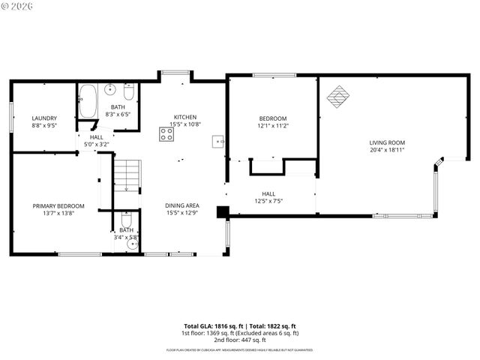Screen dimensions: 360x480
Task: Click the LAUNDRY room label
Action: pos(44,118)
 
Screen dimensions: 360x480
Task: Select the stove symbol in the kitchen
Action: pos(166,134)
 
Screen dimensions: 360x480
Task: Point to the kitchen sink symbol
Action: pos(218,140)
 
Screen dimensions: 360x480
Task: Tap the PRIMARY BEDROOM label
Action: pos(58,205)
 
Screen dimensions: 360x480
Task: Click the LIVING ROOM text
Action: pos(387,142)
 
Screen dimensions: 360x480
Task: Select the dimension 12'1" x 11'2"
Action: pos(273,126)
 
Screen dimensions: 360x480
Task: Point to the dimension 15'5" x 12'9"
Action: pos(182,212)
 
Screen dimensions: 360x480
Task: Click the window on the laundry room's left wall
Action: pos(11,118)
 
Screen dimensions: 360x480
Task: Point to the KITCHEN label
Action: pos(185,117)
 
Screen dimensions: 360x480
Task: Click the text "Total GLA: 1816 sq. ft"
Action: pos(213,326)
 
